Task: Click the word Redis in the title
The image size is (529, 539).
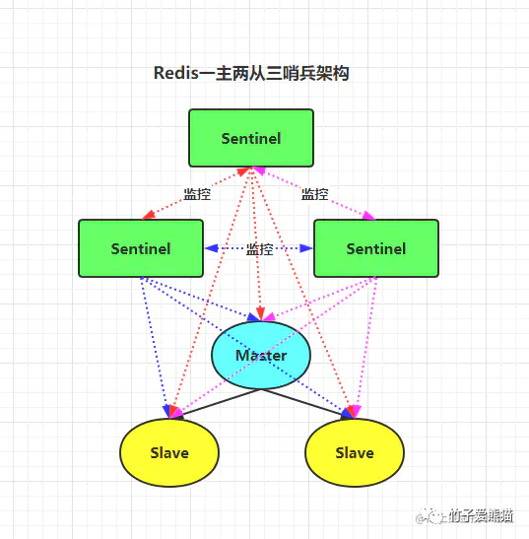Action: point(176,74)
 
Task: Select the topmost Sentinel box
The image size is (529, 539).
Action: point(250,138)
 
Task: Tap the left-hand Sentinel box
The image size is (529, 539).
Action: point(140,248)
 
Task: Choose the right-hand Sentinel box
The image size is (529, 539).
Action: point(375,248)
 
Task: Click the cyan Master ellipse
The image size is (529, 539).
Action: point(261,355)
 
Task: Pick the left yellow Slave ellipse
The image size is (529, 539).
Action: point(168,453)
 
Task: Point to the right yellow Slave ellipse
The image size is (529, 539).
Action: point(354,453)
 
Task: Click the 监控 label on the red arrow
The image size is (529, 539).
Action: point(197,194)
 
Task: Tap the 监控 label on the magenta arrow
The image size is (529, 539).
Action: point(315,194)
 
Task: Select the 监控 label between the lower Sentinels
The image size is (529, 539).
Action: point(259,249)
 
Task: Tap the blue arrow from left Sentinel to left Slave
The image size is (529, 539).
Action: point(158,345)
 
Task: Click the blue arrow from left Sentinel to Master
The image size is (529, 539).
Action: point(202,299)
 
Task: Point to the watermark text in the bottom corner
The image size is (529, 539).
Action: point(483,515)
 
